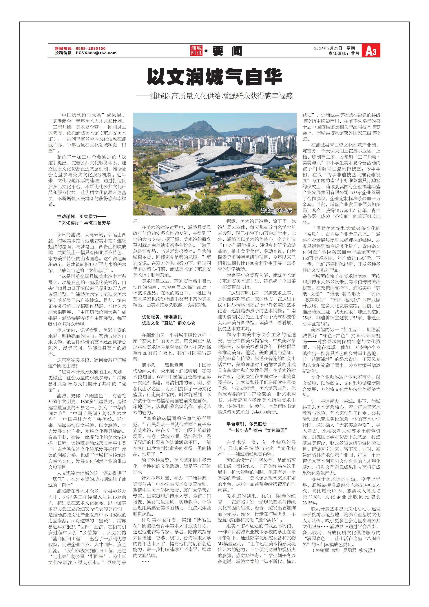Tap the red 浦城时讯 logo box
[x=196, y=50]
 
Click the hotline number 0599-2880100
[x=91, y=48]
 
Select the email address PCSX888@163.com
[x=96, y=53]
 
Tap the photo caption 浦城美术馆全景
[x=276, y=211]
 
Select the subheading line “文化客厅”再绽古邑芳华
[x=85, y=223]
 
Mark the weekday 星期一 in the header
[x=353, y=48]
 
